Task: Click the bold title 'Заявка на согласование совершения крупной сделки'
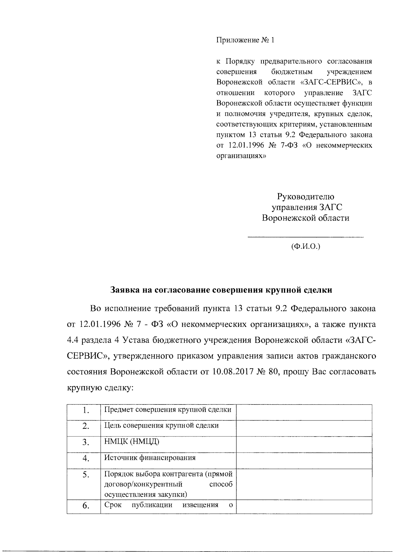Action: click(x=221, y=290)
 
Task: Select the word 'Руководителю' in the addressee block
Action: click(x=305, y=197)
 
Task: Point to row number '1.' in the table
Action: click(x=86, y=410)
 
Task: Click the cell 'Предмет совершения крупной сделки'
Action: click(x=168, y=410)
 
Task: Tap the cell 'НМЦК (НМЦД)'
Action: click(x=132, y=442)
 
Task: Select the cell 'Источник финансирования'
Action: click(x=150, y=458)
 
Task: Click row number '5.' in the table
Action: click(x=86, y=475)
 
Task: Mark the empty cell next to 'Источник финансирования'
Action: click(x=304, y=460)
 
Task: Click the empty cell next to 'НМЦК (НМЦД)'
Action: click(x=304, y=444)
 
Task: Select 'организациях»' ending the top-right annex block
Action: click(x=241, y=156)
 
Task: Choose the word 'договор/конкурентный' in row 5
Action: click(x=143, y=484)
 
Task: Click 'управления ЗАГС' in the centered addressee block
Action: click(x=305, y=207)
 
